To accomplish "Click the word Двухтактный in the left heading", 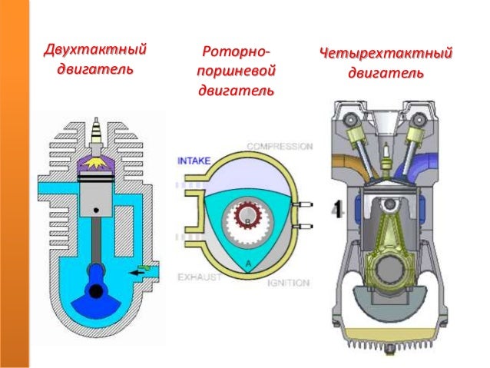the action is tap(95, 50).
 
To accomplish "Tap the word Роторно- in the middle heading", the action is tap(236, 52).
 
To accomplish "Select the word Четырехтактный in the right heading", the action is tap(386, 54).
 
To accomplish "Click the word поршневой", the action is tap(236, 71).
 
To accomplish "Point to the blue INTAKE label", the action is tap(194, 161).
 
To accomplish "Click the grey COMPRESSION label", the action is tap(280, 146).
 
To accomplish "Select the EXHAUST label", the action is tap(200, 277).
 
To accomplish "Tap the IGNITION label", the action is tap(288, 283).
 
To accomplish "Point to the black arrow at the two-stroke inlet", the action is tap(137, 273).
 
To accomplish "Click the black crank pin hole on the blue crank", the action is tap(96, 291).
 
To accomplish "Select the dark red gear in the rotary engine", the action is tap(247, 214).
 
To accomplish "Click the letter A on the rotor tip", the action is tap(248, 264).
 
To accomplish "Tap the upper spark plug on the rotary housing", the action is tap(303, 204).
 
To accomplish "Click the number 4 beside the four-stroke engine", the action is tap(338, 208).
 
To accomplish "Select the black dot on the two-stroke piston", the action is tap(96, 211).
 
